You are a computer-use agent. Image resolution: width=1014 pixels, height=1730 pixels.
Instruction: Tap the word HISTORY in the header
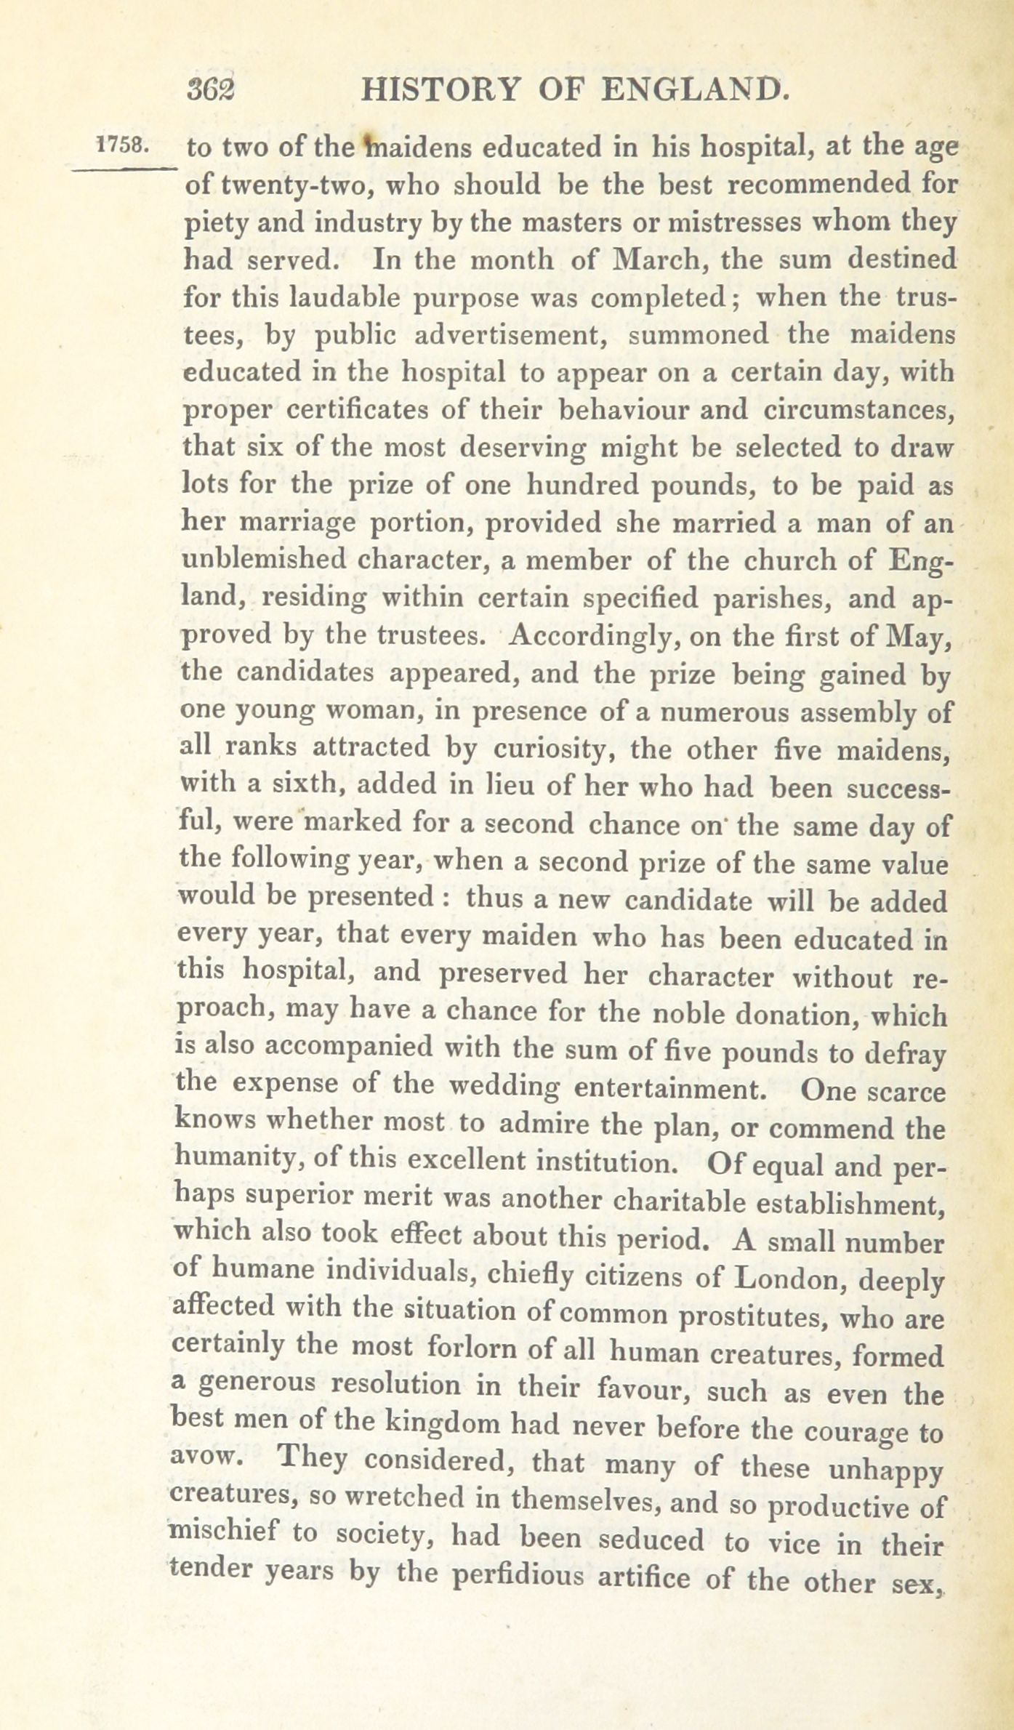coord(441,91)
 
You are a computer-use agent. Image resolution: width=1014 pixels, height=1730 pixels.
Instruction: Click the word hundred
coord(581,486)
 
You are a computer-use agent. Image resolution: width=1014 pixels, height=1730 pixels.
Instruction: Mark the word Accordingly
coord(591,637)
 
